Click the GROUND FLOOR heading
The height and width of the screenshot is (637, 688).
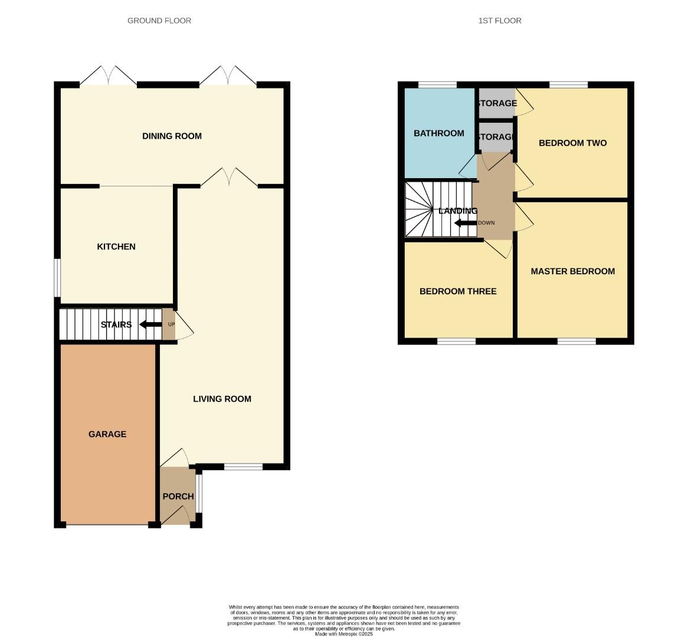coord(159,21)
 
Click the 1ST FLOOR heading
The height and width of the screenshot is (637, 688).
coord(500,21)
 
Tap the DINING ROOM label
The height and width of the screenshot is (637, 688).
coord(172,136)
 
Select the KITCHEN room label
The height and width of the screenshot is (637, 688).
coord(116,247)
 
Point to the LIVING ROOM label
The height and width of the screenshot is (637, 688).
coord(222,399)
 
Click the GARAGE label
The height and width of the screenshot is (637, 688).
coord(107,434)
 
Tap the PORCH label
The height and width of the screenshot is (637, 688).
coord(178,497)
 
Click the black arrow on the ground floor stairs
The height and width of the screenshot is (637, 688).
coord(150,324)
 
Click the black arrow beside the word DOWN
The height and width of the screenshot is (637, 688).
coord(465,223)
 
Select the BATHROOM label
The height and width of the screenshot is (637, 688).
coord(438,133)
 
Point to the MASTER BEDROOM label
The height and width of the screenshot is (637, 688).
coord(572,271)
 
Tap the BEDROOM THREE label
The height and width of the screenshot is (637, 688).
coord(458,291)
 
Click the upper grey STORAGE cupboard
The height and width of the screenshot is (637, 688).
coord(496,103)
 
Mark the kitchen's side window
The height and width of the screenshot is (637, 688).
coord(57,278)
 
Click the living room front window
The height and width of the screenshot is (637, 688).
coord(243,467)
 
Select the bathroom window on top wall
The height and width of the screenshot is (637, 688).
coord(437,85)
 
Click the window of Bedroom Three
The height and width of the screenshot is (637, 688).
coord(456,341)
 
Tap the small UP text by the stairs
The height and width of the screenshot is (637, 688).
coord(172,324)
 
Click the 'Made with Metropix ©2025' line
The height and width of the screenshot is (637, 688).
coord(344,634)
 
